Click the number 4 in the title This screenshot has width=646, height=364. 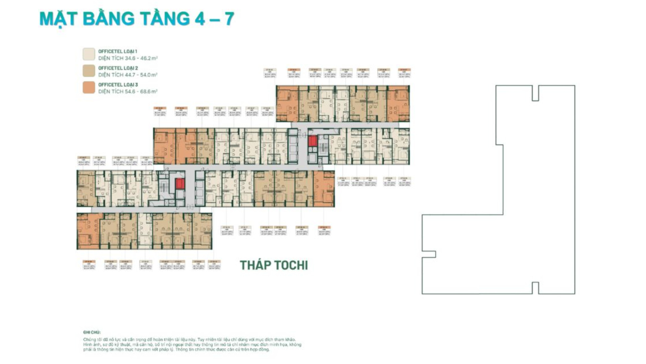pos(199,19)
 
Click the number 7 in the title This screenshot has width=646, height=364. pos(229,19)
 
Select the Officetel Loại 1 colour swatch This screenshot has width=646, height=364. pos(89,54)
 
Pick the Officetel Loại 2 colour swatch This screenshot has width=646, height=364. pos(89,71)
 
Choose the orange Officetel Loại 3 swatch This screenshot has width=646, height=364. pos(89,87)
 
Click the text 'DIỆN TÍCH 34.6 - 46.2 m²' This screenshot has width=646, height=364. pos(128,58)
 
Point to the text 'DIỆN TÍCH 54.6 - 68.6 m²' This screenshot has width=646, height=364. pos(128,92)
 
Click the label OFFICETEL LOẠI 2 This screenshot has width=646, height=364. pos(118,68)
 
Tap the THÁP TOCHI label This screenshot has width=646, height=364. pos(274,265)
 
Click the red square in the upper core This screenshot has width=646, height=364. pos(313,141)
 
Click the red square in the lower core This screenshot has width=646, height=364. pos(180,184)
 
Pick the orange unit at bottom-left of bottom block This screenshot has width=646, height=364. pos(88,231)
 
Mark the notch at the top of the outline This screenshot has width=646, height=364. pos(535,93)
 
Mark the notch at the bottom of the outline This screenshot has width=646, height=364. pos(535,288)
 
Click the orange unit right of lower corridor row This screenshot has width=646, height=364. pos(324,189)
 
